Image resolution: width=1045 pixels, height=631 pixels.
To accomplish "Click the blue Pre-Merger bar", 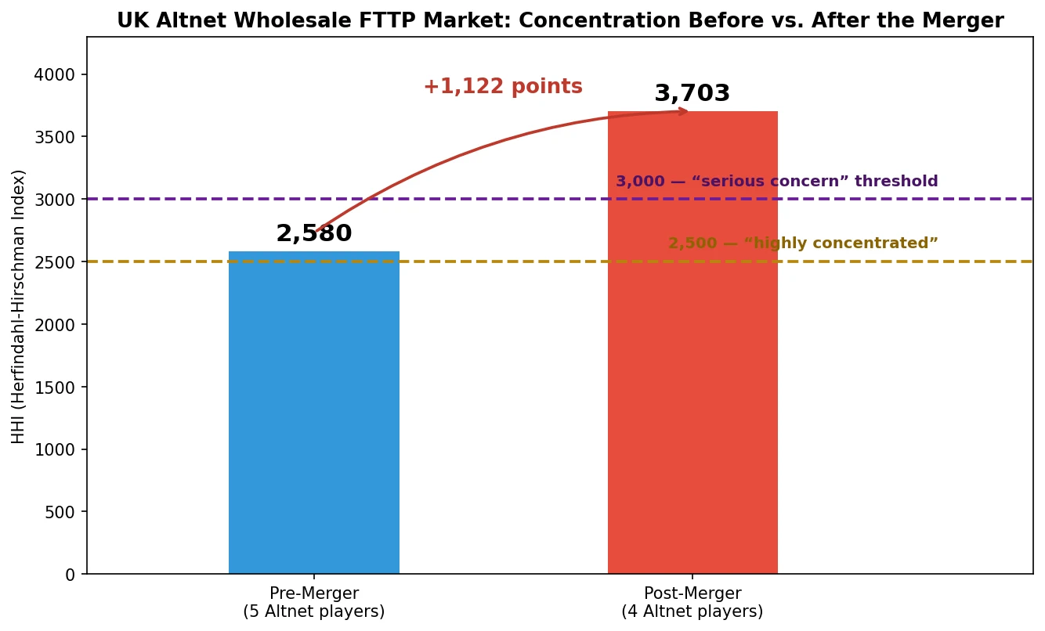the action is (x=314, y=413).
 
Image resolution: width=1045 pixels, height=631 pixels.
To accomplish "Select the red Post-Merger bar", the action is (x=692, y=342).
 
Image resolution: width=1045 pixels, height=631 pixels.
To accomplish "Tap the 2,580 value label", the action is (x=314, y=233).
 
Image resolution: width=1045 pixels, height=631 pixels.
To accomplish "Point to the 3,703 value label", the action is (x=692, y=93).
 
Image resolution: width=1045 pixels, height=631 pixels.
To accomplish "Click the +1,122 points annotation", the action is (x=503, y=86).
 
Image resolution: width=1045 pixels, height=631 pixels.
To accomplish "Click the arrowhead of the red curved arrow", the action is (x=683, y=111).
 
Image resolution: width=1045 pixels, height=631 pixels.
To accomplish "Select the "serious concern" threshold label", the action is (x=777, y=181).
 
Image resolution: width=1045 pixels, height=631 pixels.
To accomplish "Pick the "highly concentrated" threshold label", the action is (x=803, y=243).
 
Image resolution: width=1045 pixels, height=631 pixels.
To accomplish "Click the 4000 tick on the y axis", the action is (x=54, y=74).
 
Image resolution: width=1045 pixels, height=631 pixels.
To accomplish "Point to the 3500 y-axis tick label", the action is (x=54, y=137).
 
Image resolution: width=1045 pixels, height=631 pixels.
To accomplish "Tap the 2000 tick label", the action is (x=54, y=325).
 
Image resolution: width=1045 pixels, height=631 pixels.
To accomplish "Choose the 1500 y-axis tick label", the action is (x=54, y=387).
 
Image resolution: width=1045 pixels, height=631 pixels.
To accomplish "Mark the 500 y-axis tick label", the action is (x=60, y=512).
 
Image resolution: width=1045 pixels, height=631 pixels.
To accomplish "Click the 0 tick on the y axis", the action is (x=70, y=575).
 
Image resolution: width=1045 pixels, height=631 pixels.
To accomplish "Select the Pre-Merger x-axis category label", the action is (x=314, y=602).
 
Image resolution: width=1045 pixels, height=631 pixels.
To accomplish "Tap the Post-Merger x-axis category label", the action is (x=692, y=602).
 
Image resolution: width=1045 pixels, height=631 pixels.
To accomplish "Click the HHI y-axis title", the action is (x=18, y=306).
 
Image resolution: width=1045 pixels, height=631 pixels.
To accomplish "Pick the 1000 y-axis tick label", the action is (x=54, y=449).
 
